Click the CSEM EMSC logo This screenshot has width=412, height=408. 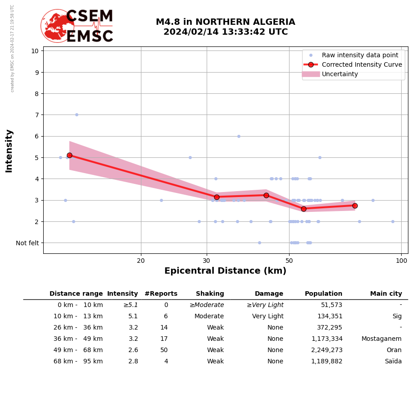tap(77, 26)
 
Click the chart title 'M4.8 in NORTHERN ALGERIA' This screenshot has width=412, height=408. tap(225, 22)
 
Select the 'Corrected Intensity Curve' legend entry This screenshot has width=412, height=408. tap(362, 64)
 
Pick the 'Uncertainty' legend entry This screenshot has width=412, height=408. tap(340, 74)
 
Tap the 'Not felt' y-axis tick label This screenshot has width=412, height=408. tap(27, 243)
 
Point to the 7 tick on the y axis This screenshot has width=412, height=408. tap(35, 115)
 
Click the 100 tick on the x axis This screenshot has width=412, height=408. tap(401, 261)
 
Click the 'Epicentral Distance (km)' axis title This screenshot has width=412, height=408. tap(225, 271)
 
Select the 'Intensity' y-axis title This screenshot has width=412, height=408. tap(9, 151)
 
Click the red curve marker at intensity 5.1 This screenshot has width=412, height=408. tap(69, 155)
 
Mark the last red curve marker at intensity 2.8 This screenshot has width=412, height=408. tap(355, 206)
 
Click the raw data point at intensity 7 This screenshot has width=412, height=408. tap(77, 115)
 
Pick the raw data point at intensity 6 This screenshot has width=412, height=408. tap(239, 136)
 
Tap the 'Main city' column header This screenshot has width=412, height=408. tap(386, 294)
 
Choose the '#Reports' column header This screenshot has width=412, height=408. tap(161, 294)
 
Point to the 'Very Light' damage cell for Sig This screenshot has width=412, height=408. tap(267, 316)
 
